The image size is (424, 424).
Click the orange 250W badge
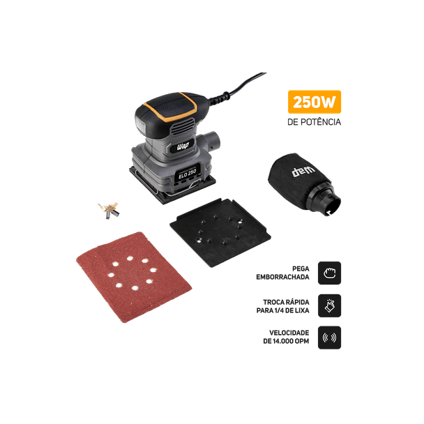pyautogui.click(x=315, y=102)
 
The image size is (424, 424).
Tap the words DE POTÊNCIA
pyautogui.click(x=315, y=122)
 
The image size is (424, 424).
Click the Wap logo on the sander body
pyautogui.click(x=183, y=146)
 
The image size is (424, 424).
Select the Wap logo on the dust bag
pyautogui.click(x=303, y=171)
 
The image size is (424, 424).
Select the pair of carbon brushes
pyautogui.click(x=109, y=211)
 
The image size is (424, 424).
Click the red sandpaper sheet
pyautogui.click(x=134, y=277)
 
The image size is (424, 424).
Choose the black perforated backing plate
pyautogui.click(x=220, y=232)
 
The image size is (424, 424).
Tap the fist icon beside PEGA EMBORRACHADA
pyautogui.click(x=329, y=273)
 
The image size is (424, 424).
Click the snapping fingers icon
pyautogui.click(x=329, y=305)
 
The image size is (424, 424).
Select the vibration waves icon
pyautogui.click(x=329, y=338)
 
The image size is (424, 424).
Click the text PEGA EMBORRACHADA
pyautogui.click(x=282, y=273)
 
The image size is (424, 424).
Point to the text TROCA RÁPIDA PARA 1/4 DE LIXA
pyautogui.click(x=283, y=306)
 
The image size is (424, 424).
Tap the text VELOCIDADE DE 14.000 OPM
pyautogui.click(x=286, y=337)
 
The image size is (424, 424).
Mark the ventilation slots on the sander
pyautogui.click(x=183, y=127)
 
